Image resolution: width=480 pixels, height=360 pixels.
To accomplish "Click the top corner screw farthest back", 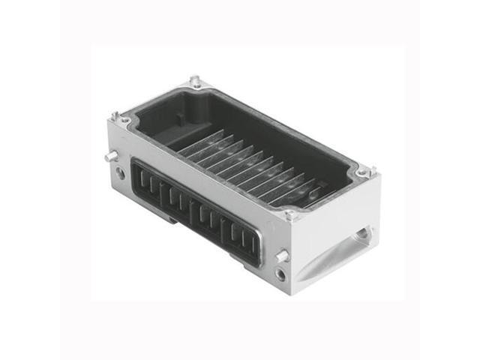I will [196, 82].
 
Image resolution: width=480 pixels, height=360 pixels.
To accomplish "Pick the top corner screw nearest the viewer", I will [289, 214].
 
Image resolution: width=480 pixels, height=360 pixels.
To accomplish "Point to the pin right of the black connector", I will [283, 256].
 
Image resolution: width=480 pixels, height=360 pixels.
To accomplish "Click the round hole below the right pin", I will [280, 275].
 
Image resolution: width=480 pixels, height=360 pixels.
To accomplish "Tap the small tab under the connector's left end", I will [170, 218].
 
